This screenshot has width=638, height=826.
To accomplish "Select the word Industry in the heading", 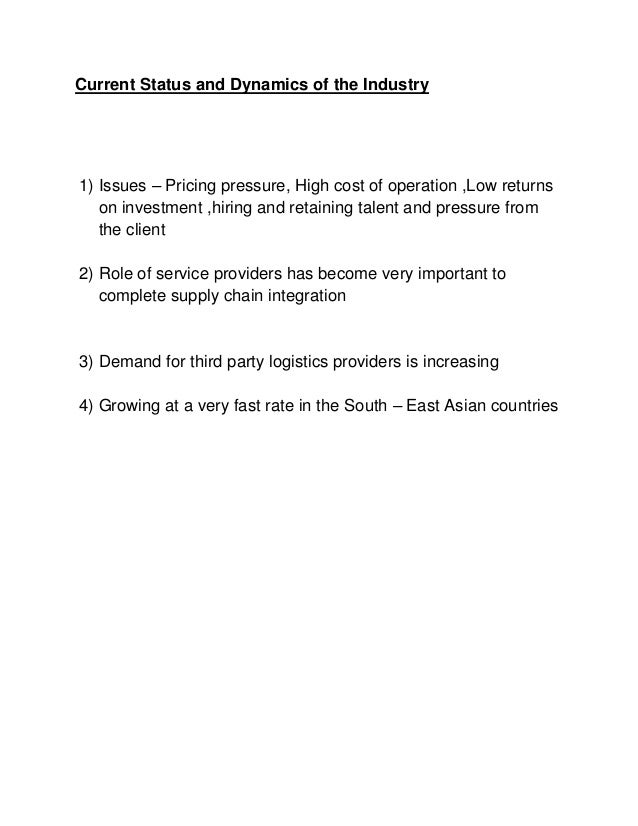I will [396, 87].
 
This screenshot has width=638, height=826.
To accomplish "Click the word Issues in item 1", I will [121, 186].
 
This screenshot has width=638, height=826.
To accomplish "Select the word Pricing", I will [195, 186].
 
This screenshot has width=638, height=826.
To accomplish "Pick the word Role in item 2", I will [117, 274].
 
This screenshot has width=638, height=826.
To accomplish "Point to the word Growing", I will [129, 406].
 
